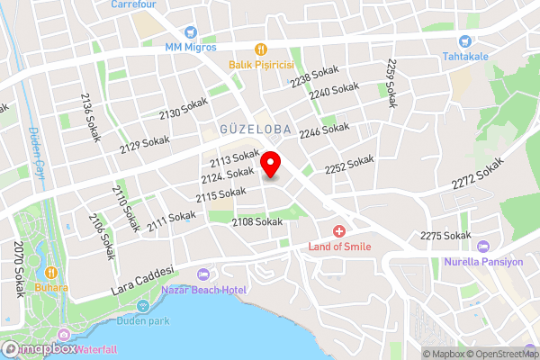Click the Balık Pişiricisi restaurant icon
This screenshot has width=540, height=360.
261,49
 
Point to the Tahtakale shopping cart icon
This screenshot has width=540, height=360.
465,40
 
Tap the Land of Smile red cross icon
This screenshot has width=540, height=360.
339,231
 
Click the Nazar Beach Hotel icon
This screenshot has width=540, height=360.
202,274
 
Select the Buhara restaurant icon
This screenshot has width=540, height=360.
51,272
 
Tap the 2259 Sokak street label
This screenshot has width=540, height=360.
391,84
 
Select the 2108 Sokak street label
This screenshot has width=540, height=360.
256,221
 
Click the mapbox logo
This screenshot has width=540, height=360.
38,347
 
